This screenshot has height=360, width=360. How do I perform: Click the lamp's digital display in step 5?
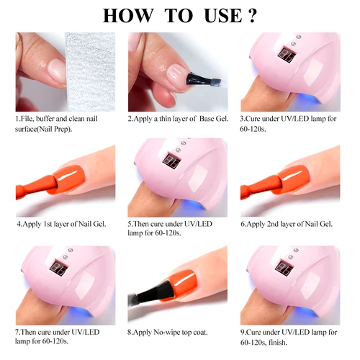click(174, 159)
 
